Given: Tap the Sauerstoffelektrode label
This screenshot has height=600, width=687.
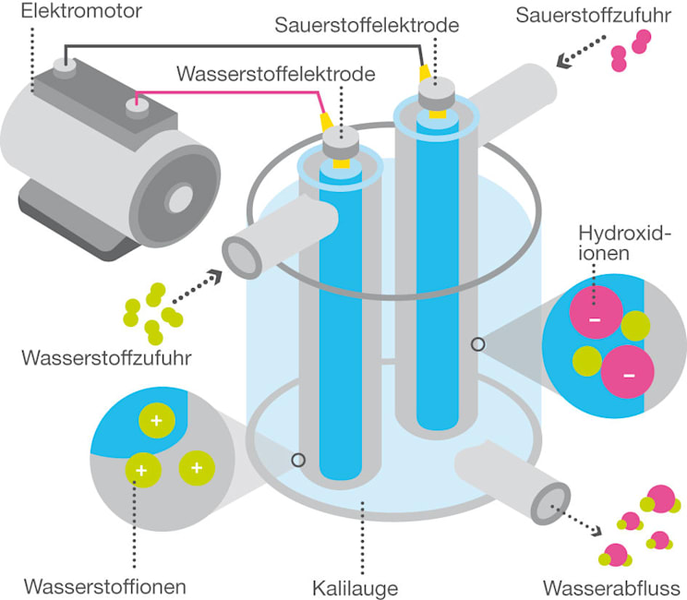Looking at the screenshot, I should [367, 25].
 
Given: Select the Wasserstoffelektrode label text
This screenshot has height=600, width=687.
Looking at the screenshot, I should [277, 74].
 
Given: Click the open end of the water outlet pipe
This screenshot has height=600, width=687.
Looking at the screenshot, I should [551, 499].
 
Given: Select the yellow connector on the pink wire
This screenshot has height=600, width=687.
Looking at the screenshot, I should [325, 121].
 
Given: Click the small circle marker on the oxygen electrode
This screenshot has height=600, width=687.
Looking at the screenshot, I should [477, 344].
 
